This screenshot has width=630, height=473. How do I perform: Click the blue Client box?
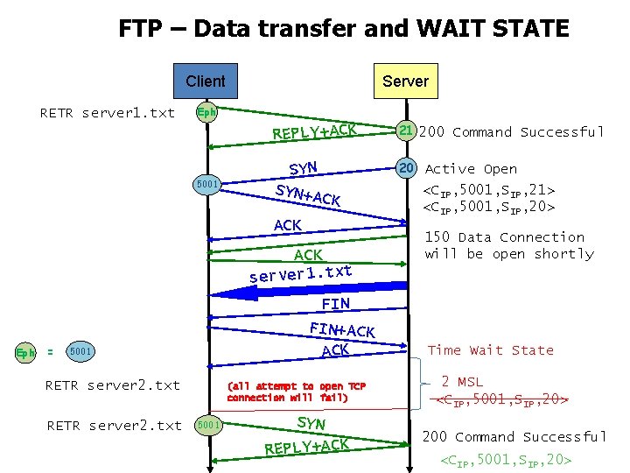[x=205, y=81]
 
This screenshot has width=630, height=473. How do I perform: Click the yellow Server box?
[x=405, y=81]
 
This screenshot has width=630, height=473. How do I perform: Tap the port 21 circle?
[x=406, y=131]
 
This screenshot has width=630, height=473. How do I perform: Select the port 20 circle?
[x=406, y=168]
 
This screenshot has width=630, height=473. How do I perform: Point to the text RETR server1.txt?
[x=108, y=113]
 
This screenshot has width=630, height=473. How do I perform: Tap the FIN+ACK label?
[x=342, y=330]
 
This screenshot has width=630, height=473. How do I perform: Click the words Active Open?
[x=471, y=169]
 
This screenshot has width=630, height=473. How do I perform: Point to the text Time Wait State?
[x=490, y=350]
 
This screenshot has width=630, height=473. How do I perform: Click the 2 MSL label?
[x=461, y=382]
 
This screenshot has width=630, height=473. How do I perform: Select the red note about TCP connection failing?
[x=296, y=392]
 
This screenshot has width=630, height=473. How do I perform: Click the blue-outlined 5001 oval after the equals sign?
[x=80, y=352]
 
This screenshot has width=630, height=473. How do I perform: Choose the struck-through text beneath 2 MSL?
[x=503, y=401]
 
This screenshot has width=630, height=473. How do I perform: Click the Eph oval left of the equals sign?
[x=27, y=353]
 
